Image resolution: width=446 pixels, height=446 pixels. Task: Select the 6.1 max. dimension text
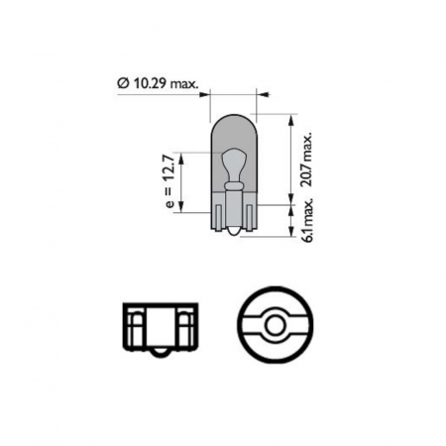click(x=308, y=218)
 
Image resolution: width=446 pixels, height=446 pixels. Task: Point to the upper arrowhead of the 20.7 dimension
click(x=290, y=119)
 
